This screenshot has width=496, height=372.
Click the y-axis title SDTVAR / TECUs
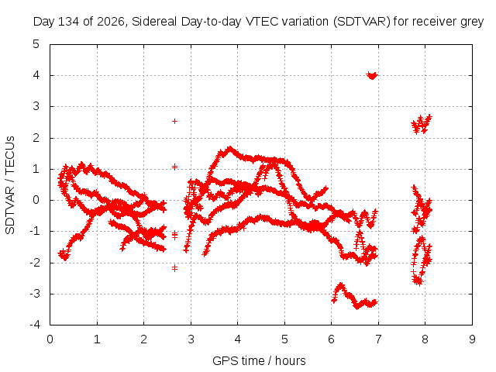10,185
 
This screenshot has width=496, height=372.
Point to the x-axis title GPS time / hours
259,360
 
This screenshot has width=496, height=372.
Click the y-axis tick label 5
36,44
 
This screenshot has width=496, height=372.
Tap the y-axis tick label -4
35,325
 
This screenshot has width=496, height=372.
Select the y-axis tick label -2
35,262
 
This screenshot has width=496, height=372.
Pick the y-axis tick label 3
36,106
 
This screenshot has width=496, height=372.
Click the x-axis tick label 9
472,339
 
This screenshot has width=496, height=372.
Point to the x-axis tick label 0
50,339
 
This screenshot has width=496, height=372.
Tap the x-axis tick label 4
238,339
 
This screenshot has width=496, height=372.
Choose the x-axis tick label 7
378,339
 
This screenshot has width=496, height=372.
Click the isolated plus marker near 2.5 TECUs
174,121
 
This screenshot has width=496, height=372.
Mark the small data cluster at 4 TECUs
372,76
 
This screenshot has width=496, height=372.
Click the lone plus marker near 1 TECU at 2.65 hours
174,167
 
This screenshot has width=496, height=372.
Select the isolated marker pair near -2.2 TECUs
174,268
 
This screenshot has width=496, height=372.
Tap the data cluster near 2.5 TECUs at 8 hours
422,124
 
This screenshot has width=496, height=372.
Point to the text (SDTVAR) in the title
362,22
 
